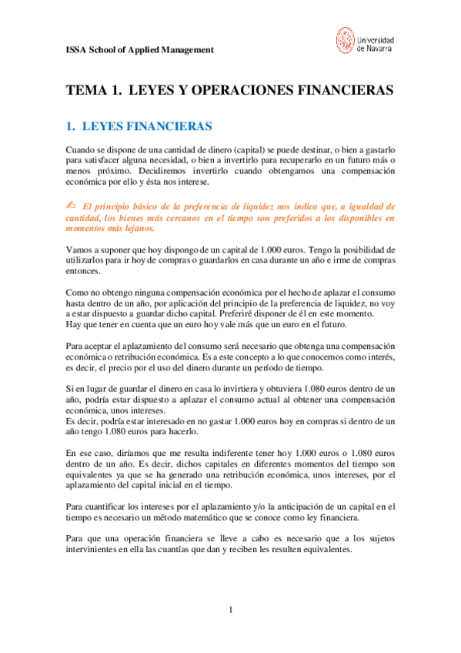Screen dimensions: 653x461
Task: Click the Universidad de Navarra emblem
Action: pos(346,41)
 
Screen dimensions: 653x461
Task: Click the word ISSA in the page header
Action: pos(75,50)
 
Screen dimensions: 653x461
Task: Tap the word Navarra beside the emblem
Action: pos(379,48)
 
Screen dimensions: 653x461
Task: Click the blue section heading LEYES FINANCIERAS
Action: pos(147,125)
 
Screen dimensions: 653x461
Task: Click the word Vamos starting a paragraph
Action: pos(78,249)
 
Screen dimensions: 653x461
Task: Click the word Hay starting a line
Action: pos(73,326)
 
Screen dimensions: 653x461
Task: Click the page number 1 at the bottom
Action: pos(230,611)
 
